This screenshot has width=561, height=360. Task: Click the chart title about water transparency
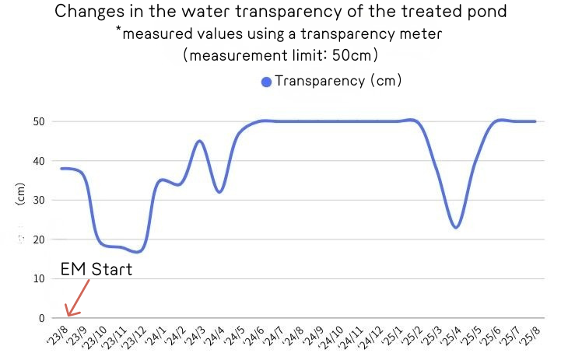click(x=281, y=12)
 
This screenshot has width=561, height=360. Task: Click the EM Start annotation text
click(x=96, y=270)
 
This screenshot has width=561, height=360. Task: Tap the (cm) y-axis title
click(x=20, y=200)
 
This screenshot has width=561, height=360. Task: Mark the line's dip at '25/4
click(x=456, y=227)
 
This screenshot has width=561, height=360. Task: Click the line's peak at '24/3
click(x=199, y=141)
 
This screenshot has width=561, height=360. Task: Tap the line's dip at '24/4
click(x=220, y=192)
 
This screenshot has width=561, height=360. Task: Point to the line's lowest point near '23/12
click(x=138, y=252)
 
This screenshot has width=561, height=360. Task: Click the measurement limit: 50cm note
click(x=280, y=56)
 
